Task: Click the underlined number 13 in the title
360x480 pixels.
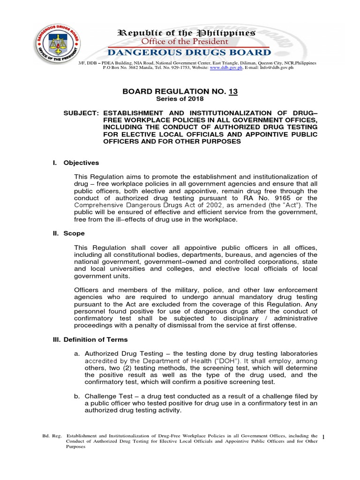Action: [232, 92]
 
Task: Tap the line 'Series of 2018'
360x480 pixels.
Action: [180, 99]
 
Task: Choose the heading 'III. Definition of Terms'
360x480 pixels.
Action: [90, 339]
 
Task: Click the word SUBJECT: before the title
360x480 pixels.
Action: [82, 113]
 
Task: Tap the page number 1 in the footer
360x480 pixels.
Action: [324, 437]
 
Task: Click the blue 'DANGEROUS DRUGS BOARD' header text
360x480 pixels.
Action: [189, 52]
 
